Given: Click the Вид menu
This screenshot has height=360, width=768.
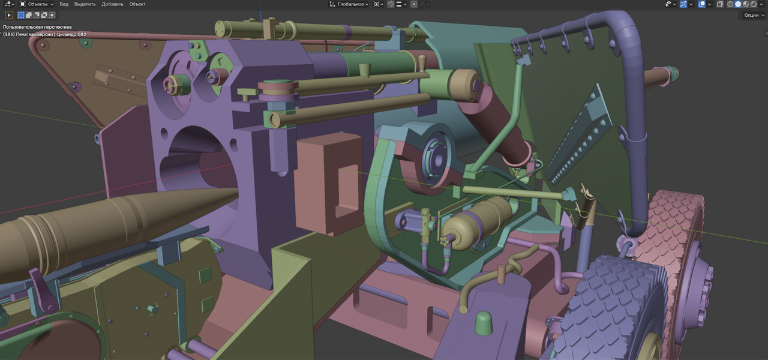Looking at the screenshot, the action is coord(64,4).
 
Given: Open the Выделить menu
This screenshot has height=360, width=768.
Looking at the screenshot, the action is coord(85,4).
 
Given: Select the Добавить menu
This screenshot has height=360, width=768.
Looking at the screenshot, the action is coord(112,4).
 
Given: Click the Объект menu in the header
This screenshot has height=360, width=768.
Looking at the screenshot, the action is coord(137,4).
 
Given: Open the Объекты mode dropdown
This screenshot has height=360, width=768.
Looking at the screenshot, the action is coord(37,4).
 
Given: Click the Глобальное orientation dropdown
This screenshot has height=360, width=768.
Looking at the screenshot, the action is coord(349,4).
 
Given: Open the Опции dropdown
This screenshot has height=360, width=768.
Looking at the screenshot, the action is coord(754,15).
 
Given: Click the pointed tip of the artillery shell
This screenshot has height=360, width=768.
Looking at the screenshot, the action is coord(238,188).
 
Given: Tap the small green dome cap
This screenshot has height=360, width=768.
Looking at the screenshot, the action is coord(484,323).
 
